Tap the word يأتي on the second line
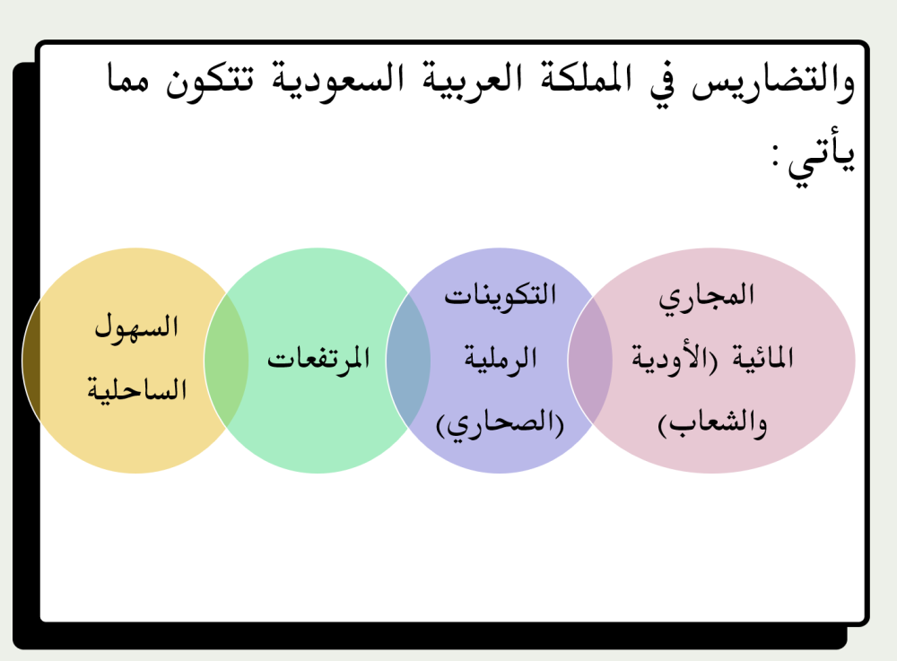point(821,157)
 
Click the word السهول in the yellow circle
point(137,328)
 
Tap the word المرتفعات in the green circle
point(319,360)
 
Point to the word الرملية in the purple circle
point(501,359)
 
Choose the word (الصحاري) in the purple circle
point(501,422)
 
